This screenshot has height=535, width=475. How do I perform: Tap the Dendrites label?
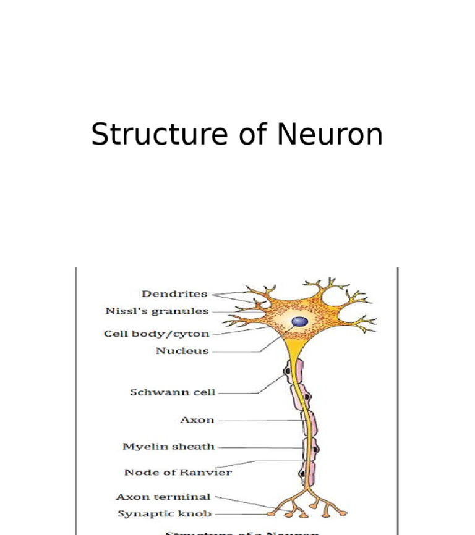[174, 294]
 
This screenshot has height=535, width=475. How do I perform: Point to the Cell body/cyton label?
[156, 334]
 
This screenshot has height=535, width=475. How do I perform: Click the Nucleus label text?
[182, 351]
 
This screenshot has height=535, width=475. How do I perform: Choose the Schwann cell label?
[173, 392]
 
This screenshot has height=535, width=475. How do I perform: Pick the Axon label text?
[197, 420]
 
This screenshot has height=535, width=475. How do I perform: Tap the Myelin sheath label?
[168, 447]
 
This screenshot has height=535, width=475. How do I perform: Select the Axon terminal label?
[163, 497]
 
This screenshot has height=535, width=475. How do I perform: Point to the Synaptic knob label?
[165, 513]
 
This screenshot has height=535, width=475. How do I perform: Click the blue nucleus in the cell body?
[300, 321]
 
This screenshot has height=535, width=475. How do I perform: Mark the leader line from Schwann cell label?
[238, 392]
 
